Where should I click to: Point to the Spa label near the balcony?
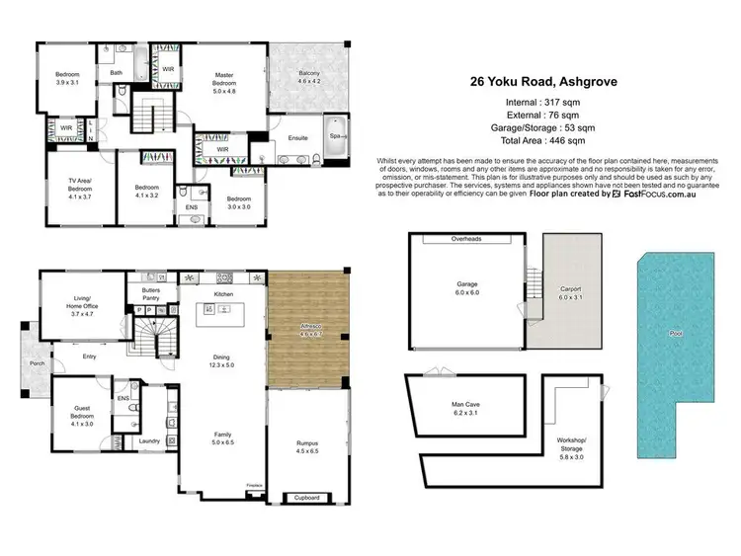[334, 135]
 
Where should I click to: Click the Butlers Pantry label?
[150, 292]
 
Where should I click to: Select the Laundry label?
[149, 441]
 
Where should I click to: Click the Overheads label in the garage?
[464, 239]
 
